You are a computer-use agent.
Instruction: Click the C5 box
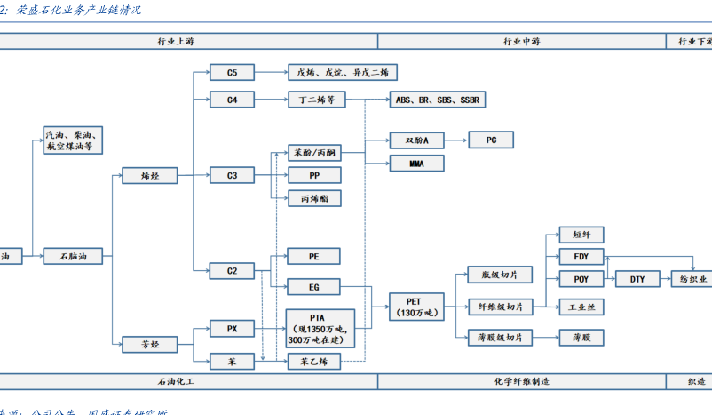232,73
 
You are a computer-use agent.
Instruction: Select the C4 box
232,100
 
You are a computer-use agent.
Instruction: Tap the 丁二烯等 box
313,100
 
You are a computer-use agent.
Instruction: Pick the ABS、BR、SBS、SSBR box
437,100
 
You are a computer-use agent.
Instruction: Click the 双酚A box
416,140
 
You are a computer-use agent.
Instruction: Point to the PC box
491,140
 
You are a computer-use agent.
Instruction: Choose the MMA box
416,164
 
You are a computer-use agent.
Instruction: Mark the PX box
232,329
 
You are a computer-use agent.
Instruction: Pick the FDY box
581,257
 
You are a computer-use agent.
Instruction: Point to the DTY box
637,279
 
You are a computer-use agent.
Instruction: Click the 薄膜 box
581,338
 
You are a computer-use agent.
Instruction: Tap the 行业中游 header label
521,41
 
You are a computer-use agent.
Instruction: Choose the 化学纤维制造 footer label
521,381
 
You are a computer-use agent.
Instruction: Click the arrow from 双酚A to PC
455,140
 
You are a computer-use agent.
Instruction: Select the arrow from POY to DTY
610,279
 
